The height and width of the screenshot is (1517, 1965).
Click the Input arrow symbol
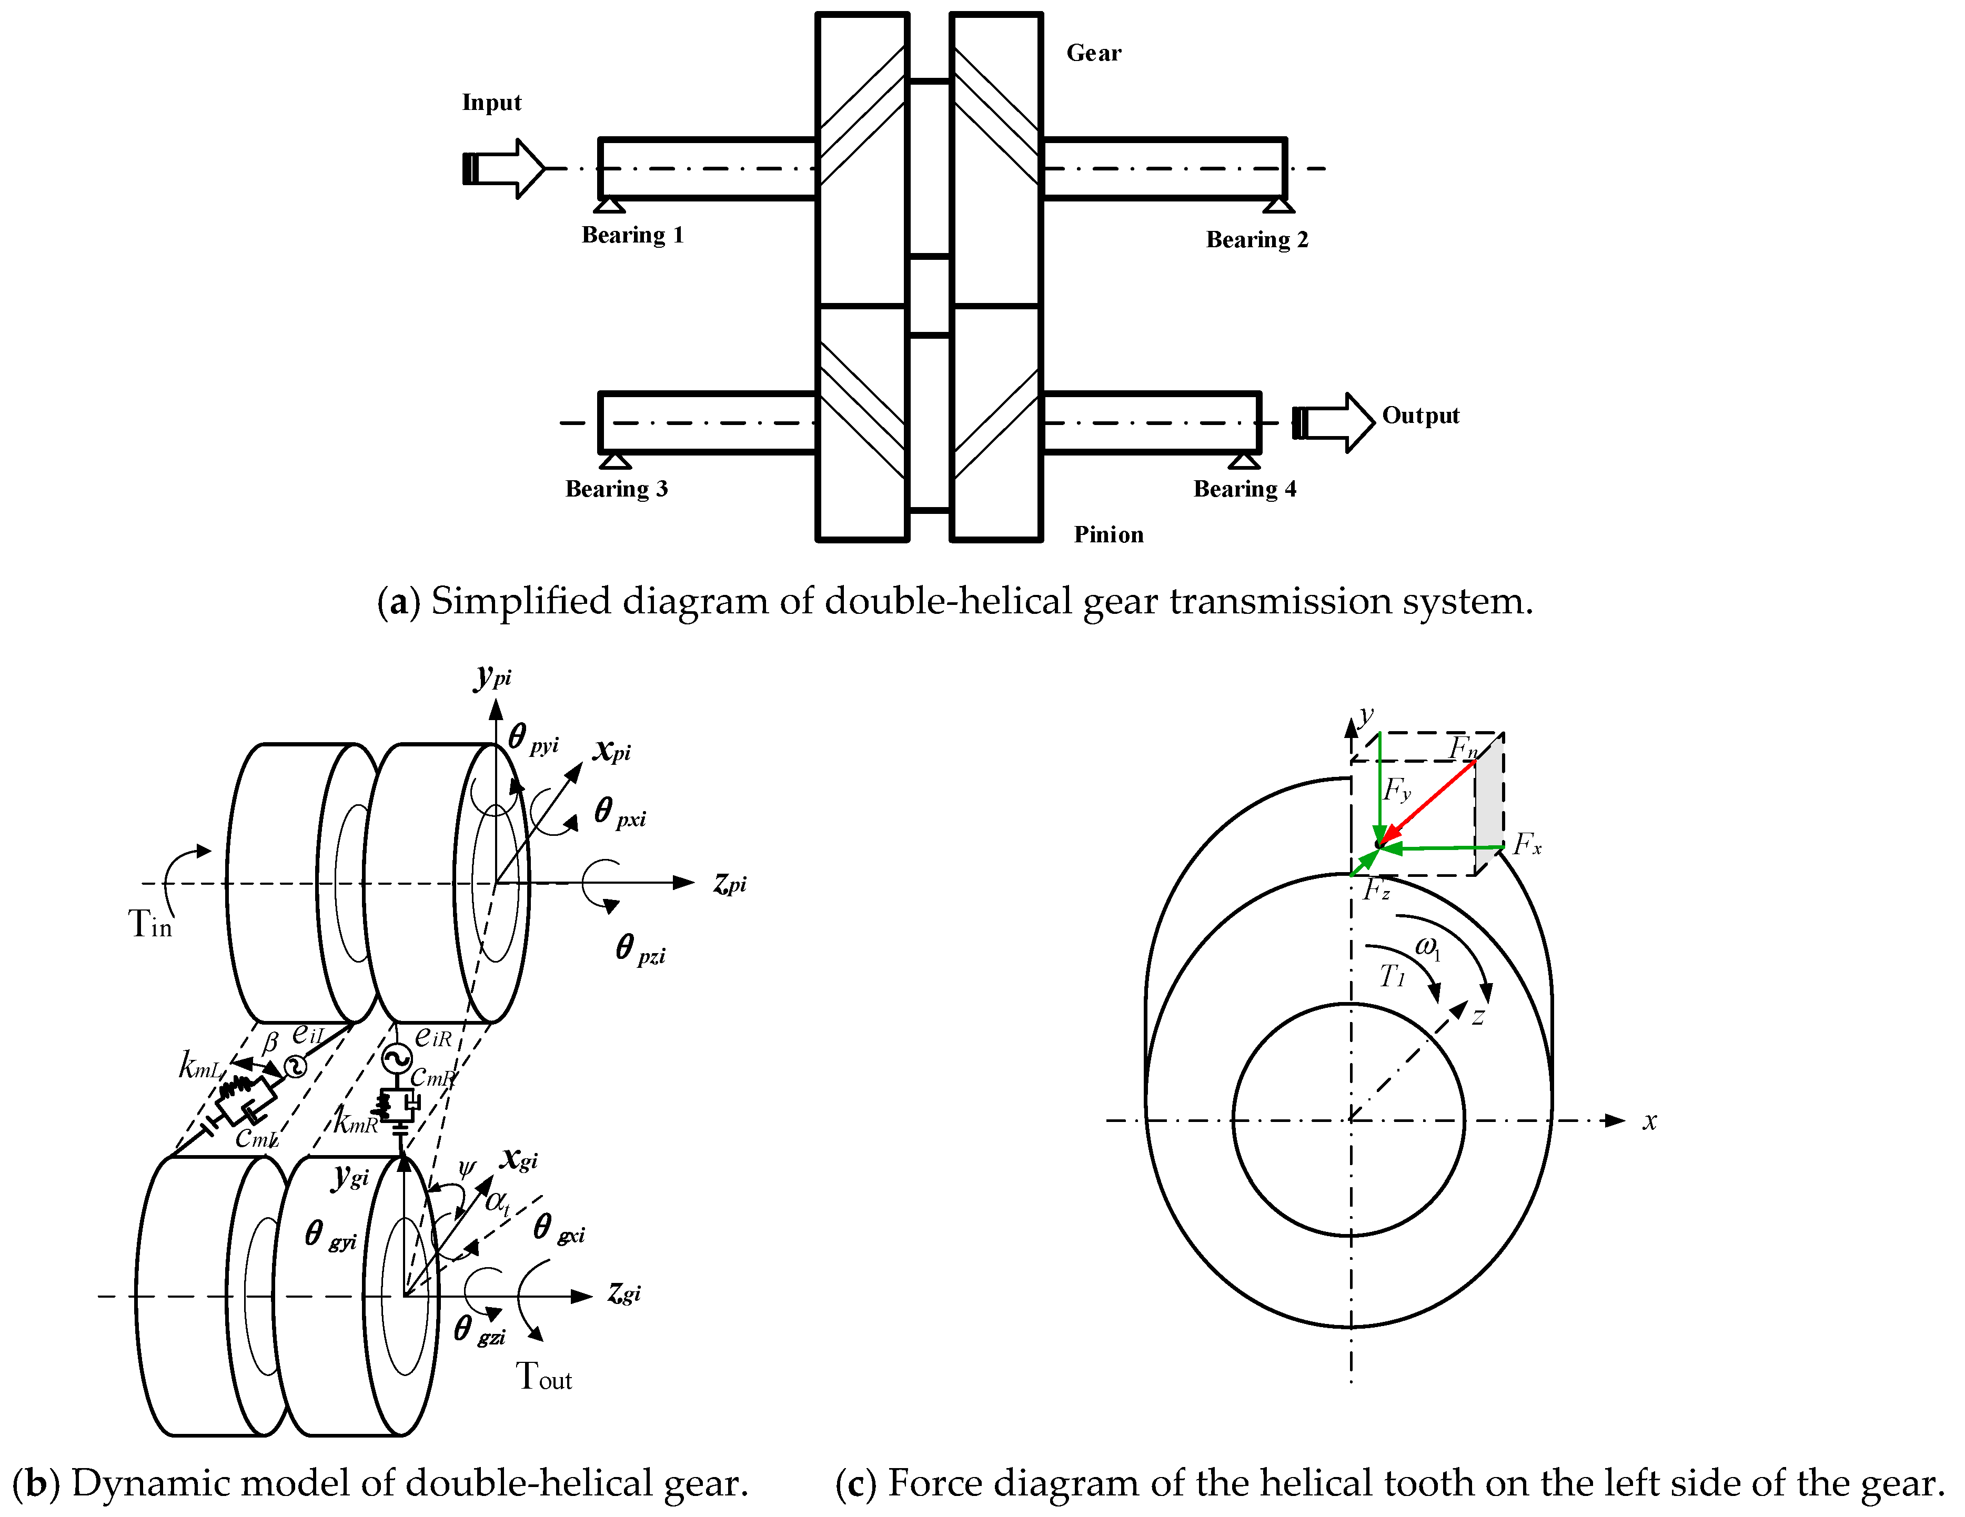(x=504, y=168)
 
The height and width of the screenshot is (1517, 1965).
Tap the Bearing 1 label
(x=632, y=235)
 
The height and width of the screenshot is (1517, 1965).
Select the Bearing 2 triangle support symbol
(x=1278, y=206)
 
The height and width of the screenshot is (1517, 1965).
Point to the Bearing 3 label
(x=616, y=489)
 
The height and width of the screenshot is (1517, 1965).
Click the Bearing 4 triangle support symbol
(x=1244, y=461)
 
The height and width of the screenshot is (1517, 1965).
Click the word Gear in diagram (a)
(x=1094, y=53)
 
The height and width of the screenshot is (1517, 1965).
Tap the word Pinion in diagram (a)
(x=1109, y=534)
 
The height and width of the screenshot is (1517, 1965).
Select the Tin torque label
(x=149, y=924)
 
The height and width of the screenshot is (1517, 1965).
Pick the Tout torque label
(x=543, y=1376)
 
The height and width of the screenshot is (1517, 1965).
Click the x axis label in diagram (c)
(x=1649, y=1121)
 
